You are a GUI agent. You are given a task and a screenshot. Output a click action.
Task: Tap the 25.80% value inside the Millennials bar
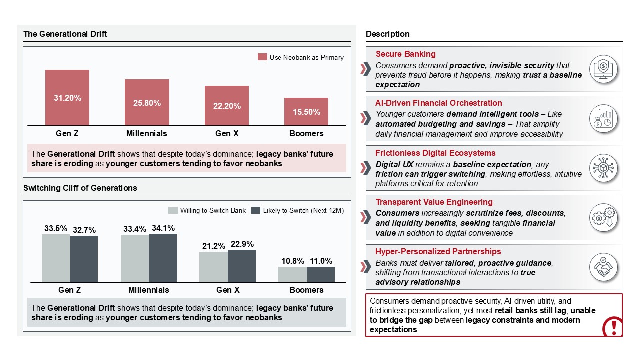click(x=147, y=103)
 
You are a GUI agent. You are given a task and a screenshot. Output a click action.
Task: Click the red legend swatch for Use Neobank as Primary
click(x=262, y=57)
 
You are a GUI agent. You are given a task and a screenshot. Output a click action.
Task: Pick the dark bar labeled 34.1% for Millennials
click(x=163, y=258)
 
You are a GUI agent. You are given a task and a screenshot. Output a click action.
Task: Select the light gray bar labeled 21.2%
click(x=213, y=267)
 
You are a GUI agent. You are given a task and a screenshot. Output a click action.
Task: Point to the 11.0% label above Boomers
click(x=320, y=261)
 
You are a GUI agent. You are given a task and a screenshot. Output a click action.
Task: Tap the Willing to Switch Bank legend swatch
click(x=173, y=210)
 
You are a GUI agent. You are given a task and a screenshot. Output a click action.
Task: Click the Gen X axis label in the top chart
click(x=226, y=133)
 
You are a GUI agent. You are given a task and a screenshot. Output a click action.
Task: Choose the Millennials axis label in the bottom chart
click(x=148, y=290)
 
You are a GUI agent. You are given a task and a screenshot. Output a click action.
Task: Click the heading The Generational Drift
click(x=65, y=34)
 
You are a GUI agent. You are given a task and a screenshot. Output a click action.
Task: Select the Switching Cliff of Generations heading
click(x=80, y=188)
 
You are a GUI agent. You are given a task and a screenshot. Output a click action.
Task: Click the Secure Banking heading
click(x=405, y=54)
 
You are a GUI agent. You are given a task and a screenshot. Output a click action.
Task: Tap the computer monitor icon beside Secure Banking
click(x=603, y=69)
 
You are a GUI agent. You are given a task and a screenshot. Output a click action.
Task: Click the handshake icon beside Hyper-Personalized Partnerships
click(x=603, y=267)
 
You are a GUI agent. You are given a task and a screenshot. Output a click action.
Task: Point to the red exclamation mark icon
click(x=612, y=327)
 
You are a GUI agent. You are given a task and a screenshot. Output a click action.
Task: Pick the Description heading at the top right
click(x=387, y=34)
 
